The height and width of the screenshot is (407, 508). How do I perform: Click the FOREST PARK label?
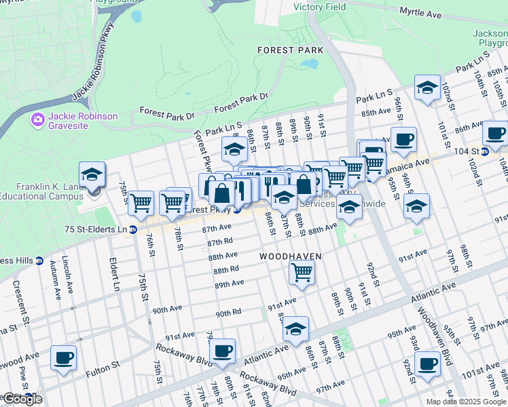tap(289, 50)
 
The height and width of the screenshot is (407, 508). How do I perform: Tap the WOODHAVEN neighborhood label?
tap(289, 256)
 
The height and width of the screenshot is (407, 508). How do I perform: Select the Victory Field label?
tap(319, 7)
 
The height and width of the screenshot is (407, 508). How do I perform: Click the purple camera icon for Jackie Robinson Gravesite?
tap(37, 120)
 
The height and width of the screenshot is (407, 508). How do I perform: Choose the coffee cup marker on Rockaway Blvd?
tap(222, 351)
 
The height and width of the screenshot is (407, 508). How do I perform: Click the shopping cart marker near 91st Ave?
tap(302, 273)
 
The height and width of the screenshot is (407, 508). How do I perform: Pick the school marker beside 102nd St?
tap(427, 89)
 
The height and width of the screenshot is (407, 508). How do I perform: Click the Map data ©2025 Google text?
tap(465, 402)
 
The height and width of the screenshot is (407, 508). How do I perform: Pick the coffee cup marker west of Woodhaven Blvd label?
tap(427, 364)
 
